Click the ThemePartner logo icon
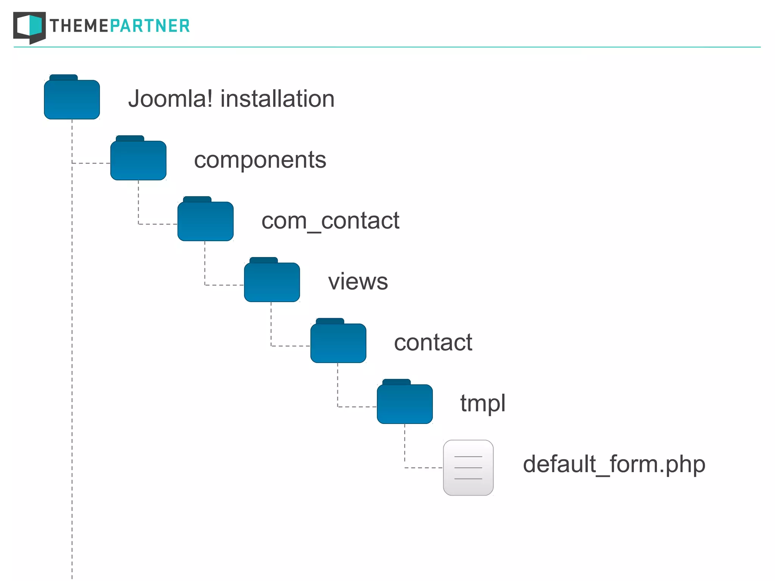pyautogui.click(x=30, y=27)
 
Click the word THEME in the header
pyautogui.click(x=79, y=26)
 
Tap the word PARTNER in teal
pyautogui.click(x=150, y=26)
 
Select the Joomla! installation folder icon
pyautogui.click(x=72, y=99)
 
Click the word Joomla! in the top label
pyautogui.click(x=170, y=99)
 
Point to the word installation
pyautogui.click(x=277, y=99)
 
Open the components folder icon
pyautogui.click(x=139, y=160)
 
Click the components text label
pyautogui.click(x=260, y=160)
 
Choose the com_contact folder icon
pyautogui.click(x=205, y=221)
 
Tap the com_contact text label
pyautogui.click(x=330, y=221)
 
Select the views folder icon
pyautogui.click(x=272, y=282)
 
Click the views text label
pyautogui.click(x=358, y=282)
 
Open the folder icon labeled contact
pyautogui.click(x=338, y=343)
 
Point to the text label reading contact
pyautogui.click(x=433, y=343)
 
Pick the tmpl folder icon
pyautogui.click(x=405, y=404)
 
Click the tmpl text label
pyautogui.click(x=483, y=403)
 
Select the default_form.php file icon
pyautogui.click(x=468, y=468)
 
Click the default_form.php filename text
pyautogui.click(x=614, y=464)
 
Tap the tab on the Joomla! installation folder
pyautogui.click(x=64, y=78)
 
